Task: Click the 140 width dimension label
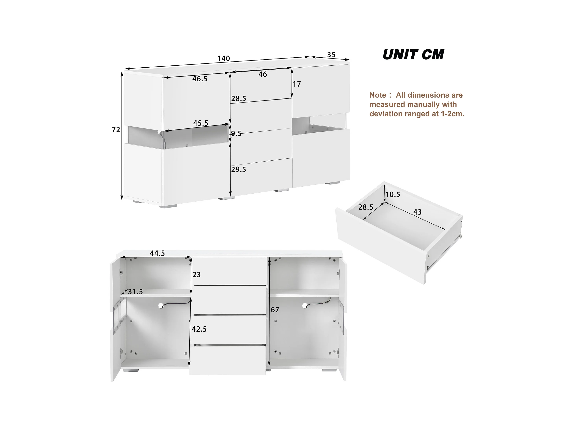(223, 59)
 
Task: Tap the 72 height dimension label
(116, 130)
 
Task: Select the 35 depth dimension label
(331, 55)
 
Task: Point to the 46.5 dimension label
(200, 79)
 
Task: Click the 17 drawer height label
(297, 84)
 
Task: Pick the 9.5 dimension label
(236, 134)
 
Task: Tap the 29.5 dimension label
(238, 170)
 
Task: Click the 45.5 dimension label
(201, 123)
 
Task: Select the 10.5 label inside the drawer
(393, 195)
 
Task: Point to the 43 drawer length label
(417, 212)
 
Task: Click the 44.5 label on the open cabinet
(157, 253)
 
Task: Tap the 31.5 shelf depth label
(135, 292)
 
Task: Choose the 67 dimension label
(275, 310)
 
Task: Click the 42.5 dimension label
(199, 329)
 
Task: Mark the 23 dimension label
(196, 275)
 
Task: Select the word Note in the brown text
(378, 95)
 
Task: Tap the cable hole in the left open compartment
(161, 306)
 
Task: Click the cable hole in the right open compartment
(305, 306)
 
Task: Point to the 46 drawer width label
(263, 74)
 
